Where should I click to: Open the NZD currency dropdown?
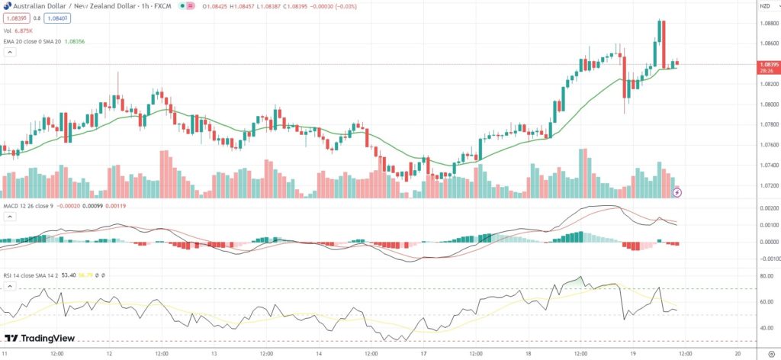pyautogui.click(x=764, y=6)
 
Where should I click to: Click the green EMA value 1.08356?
pyautogui.click(x=75, y=41)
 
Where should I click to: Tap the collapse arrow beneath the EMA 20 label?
pyautogui.click(x=10, y=53)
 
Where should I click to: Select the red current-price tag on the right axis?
pyautogui.click(x=768, y=66)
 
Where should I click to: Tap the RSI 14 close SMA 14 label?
pyautogui.click(x=34, y=275)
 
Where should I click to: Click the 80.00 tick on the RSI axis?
pyautogui.click(x=767, y=275)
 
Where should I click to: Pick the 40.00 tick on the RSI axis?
pyautogui.click(x=767, y=328)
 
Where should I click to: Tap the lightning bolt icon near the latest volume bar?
pyautogui.click(x=677, y=192)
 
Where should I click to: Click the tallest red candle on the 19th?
pyautogui.click(x=664, y=44)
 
